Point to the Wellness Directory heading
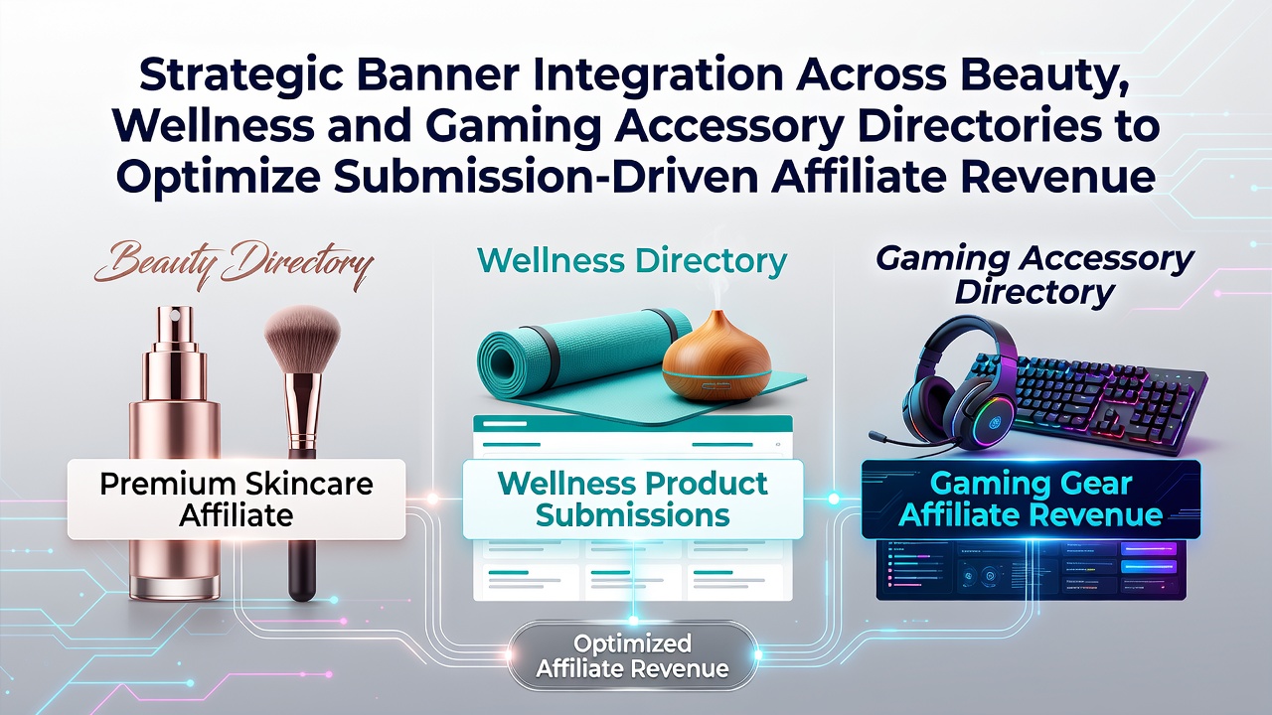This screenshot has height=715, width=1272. (x=632, y=261)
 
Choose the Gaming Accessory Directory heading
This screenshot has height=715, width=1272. (x=1034, y=276)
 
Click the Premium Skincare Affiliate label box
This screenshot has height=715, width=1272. (x=237, y=499)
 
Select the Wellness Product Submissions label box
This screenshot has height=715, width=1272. (x=633, y=499)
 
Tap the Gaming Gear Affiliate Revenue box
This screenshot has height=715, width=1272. (x=1031, y=499)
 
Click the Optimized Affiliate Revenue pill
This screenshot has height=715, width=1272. (x=632, y=657)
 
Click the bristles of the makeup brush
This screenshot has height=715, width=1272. (x=303, y=339)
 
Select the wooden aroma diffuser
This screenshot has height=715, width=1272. (x=717, y=357)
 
